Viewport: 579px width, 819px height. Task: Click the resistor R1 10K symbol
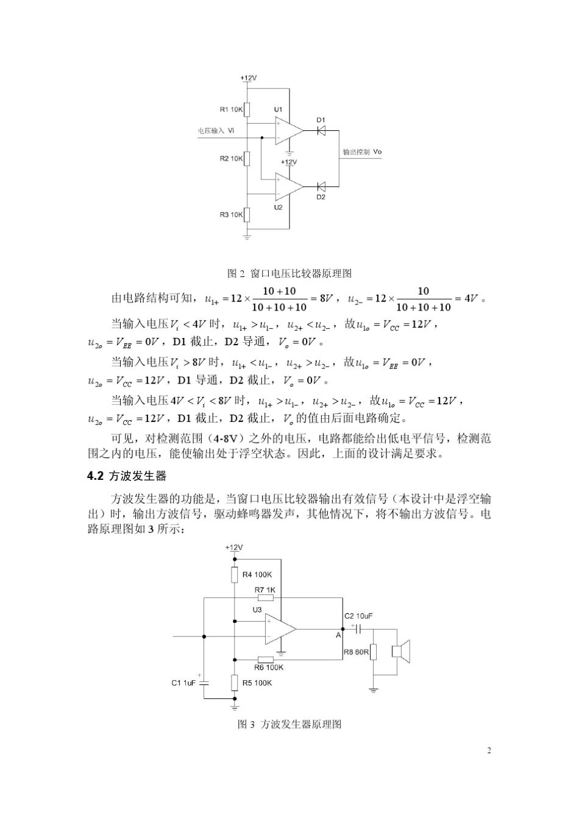(x=247, y=110)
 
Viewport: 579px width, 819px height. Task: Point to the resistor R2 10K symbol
(x=247, y=159)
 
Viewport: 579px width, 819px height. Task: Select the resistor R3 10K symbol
(x=247, y=214)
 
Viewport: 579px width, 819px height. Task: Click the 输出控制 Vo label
(x=363, y=152)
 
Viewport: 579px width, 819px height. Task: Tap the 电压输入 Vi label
(x=215, y=131)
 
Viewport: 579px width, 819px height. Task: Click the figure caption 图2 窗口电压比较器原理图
(x=289, y=273)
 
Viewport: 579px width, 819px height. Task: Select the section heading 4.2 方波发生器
(x=127, y=476)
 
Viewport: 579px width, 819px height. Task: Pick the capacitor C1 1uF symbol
(x=204, y=682)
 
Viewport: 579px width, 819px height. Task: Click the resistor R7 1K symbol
(x=265, y=598)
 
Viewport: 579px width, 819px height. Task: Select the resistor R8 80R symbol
(x=374, y=652)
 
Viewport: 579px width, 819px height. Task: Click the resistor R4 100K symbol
(x=235, y=575)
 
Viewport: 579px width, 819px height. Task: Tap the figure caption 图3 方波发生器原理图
(x=289, y=724)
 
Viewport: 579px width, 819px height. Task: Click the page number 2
(x=489, y=750)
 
